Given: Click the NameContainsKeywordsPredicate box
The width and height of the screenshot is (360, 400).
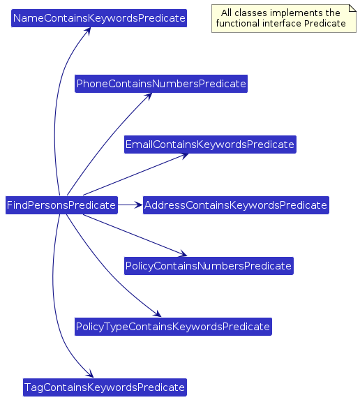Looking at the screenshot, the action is (99, 18).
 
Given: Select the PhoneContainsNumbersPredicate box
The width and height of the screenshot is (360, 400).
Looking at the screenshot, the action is (161, 84).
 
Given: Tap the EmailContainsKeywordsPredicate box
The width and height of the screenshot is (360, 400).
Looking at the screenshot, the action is (210, 145).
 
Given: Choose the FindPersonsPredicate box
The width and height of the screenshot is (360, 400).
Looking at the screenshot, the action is (61, 205).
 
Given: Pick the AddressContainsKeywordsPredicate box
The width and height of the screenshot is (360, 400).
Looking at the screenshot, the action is (236, 205).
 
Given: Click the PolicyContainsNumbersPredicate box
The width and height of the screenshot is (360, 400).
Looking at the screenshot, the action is (209, 266).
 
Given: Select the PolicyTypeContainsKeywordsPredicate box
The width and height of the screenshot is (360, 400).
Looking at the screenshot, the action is (173, 327).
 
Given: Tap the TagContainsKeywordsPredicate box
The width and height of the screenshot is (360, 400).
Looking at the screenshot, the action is (105, 387).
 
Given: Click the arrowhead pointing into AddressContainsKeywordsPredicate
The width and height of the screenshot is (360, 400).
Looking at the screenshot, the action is (139, 205).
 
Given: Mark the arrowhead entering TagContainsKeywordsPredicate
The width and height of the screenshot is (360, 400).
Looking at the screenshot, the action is (90, 373).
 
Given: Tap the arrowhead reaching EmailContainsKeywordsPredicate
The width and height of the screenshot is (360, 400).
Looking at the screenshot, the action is (185, 156).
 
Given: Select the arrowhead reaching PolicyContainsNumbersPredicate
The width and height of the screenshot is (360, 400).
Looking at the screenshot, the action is (183, 253).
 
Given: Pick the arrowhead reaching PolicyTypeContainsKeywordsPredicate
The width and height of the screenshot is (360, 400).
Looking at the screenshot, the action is (158, 313).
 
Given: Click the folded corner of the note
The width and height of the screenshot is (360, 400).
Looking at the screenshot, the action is (352, 8).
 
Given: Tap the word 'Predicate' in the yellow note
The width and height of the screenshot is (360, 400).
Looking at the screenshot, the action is (325, 24).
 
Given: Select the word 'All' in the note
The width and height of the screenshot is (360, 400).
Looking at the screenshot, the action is (227, 13).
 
